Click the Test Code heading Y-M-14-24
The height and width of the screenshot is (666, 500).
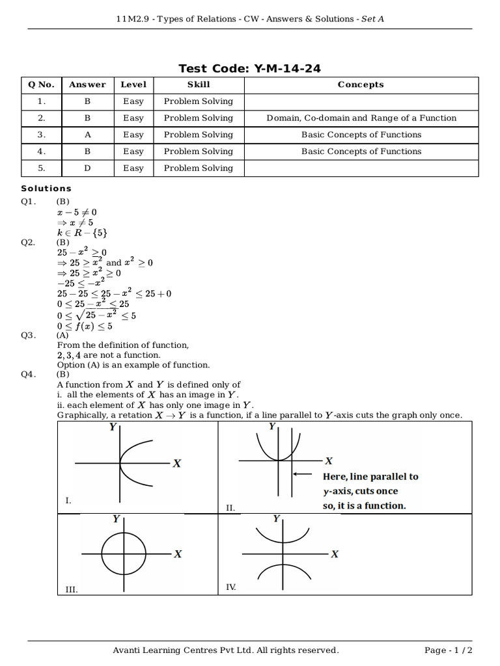point(249,68)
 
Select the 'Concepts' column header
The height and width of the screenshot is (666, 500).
point(361,85)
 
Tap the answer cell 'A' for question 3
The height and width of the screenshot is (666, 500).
point(87,135)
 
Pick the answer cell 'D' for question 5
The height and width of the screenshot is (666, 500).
point(87,168)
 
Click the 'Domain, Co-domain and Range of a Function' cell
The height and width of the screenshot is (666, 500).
point(361,118)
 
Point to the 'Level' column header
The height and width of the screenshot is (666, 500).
point(133,85)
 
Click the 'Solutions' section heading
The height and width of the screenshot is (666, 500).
point(46,189)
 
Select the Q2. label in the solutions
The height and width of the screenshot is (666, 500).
point(28,242)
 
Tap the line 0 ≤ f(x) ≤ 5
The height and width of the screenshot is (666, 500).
point(85,326)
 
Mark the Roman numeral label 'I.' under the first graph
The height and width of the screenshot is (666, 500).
point(68,500)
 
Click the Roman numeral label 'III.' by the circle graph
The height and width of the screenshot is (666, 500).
point(72,589)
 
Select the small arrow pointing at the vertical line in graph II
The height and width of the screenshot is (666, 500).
point(302,474)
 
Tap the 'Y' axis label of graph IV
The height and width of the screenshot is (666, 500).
point(277,519)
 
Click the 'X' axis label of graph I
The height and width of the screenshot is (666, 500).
point(176,463)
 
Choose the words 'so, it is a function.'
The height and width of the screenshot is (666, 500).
point(364,505)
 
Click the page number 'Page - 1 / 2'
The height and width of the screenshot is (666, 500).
point(449,650)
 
